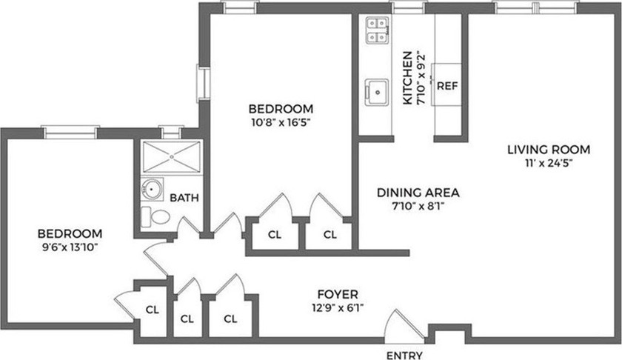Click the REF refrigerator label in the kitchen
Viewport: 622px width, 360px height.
[447, 85]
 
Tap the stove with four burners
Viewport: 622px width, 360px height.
[377, 30]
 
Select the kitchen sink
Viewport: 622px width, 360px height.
[376, 92]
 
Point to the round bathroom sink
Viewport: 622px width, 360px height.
[152, 190]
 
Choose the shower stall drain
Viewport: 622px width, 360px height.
[172, 157]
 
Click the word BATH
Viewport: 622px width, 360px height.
[184, 198]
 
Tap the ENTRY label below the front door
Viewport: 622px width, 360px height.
[404, 356]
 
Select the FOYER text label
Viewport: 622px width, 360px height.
[338, 295]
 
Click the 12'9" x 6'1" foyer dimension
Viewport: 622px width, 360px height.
[338, 308]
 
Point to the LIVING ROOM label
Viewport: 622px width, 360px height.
[549, 150]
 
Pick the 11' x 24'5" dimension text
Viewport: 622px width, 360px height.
[549, 163]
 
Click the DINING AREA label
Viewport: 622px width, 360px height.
[418, 193]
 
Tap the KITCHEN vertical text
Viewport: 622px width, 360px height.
[407, 78]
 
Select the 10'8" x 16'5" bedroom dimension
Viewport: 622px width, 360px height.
[281, 122]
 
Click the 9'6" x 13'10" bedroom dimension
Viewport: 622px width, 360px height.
[70, 247]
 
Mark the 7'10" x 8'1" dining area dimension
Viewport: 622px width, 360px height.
[418, 206]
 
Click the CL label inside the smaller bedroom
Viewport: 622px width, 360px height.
[153, 310]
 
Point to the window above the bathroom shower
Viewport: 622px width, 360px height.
[171, 132]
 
